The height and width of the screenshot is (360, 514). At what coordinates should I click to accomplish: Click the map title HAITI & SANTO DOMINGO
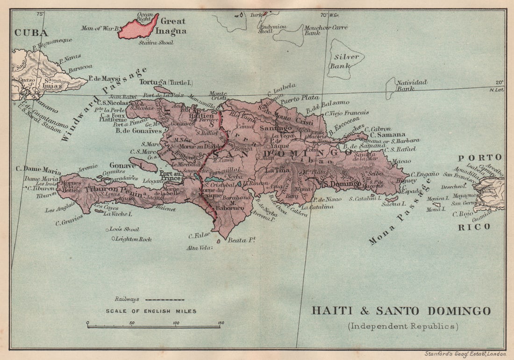coord(401,311)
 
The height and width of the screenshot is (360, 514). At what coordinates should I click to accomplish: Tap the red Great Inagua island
coord(138,28)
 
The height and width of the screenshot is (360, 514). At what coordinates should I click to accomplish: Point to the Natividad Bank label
coord(411,85)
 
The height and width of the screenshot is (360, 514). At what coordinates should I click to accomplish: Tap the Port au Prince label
coord(170,175)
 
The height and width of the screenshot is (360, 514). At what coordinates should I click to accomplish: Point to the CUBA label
coord(31,33)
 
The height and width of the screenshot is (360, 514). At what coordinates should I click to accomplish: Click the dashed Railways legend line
coord(164,299)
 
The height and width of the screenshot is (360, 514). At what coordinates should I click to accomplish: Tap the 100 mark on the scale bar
coord(176,323)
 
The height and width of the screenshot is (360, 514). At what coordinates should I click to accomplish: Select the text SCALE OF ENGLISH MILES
coord(151,311)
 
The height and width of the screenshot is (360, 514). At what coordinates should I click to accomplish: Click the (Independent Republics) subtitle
coord(402,326)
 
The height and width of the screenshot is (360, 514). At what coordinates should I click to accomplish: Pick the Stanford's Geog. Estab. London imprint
coord(465,353)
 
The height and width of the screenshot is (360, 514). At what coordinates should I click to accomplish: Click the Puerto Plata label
coord(300,99)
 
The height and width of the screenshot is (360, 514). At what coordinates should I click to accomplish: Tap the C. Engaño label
coord(425,173)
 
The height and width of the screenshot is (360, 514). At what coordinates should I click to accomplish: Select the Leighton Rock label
coord(133,239)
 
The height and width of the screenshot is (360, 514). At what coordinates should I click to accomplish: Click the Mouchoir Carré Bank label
coord(326,30)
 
